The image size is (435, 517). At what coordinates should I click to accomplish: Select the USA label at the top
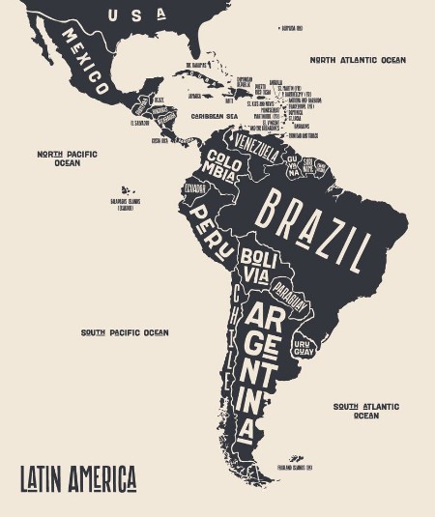tap(135, 14)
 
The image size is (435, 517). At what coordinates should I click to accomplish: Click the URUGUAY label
tap(304, 347)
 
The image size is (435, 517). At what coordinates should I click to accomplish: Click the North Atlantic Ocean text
tap(358, 60)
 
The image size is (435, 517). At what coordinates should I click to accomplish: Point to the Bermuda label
tap(291, 28)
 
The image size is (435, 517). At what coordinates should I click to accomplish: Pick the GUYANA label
tap(292, 166)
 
